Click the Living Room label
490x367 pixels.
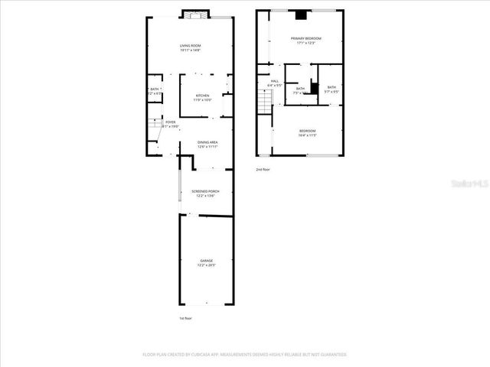click(x=190, y=46)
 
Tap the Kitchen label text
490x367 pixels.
click(x=202, y=95)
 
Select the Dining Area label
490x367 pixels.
click(x=207, y=142)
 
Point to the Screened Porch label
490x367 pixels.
click(x=205, y=191)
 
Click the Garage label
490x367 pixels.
click(x=207, y=261)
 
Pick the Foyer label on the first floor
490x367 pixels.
click(x=170, y=122)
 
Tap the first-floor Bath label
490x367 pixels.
click(x=155, y=89)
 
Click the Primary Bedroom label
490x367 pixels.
click(x=305, y=38)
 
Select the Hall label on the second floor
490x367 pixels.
click(x=274, y=80)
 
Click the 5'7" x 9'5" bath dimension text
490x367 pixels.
click(x=331, y=92)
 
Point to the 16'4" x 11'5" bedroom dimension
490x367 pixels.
click(x=307, y=136)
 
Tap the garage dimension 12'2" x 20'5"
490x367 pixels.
click(x=207, y=265)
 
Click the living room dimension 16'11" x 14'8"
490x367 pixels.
click(x=190, y=50)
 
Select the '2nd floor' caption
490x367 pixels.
click(x=263, y=169)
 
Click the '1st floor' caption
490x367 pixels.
click(x=185, y=317)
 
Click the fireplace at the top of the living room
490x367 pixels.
click(x=194, y=14)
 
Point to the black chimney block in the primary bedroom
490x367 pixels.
click(x=301, y=14)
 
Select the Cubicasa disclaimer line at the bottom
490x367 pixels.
click(x=245, y=355)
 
